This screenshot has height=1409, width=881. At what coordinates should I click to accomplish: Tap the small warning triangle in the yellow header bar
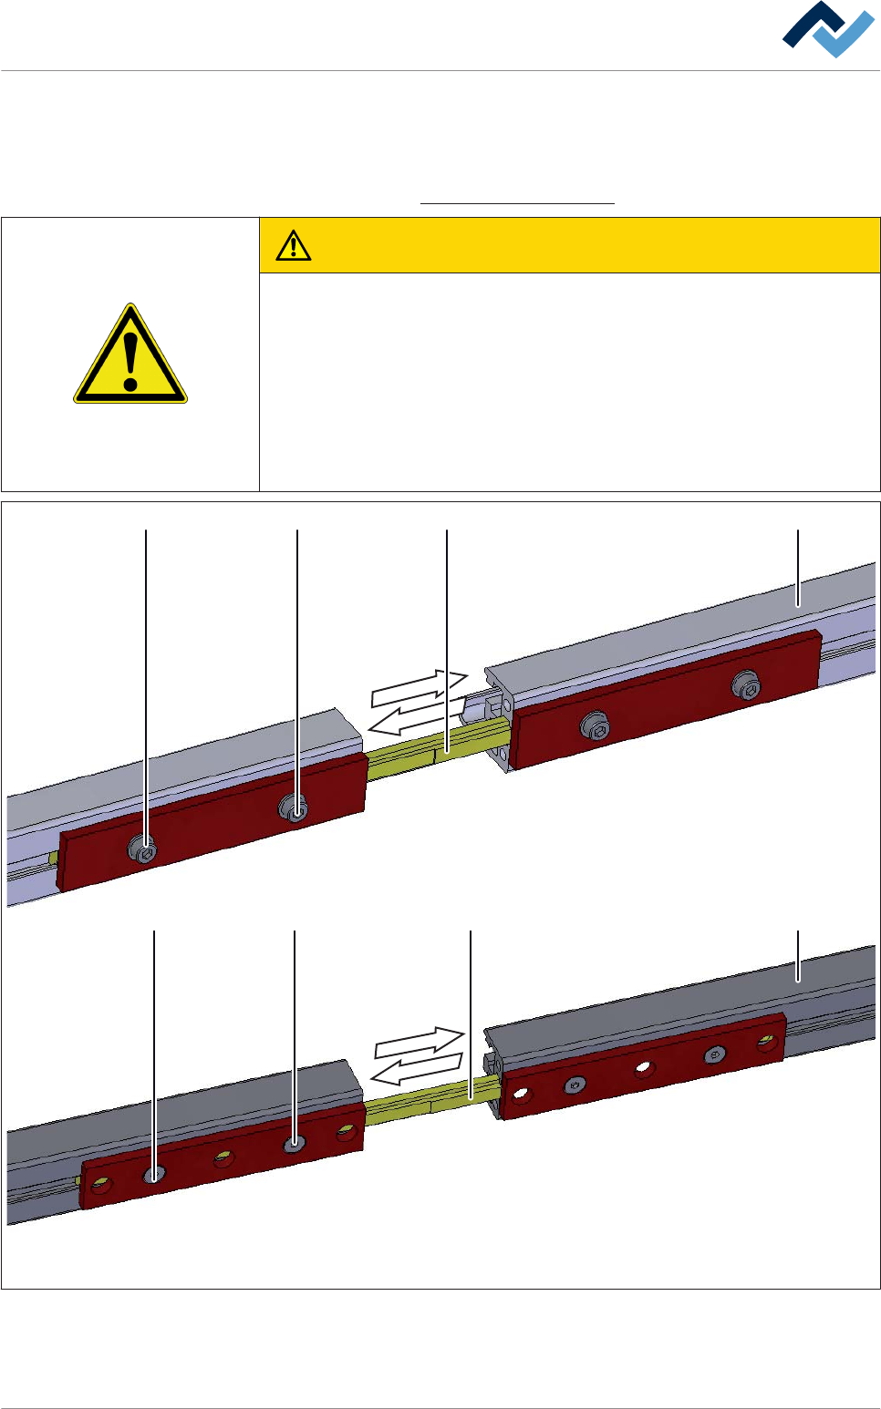294,245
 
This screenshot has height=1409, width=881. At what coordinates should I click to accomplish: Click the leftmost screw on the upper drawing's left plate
144,850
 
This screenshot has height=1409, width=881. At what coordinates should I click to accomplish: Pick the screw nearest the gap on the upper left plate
295,807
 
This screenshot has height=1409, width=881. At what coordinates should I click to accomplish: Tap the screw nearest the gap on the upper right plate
596,726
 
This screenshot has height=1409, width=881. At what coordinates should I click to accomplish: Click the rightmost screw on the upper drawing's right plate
747,686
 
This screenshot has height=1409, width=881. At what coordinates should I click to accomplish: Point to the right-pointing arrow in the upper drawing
420,689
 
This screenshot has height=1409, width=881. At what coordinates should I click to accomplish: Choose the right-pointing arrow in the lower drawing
420,1043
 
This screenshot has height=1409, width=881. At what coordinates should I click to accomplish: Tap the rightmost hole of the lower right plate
767,1042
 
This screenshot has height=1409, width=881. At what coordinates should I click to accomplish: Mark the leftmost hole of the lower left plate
101,1186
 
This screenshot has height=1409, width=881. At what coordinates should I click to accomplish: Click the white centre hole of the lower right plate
644,1068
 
